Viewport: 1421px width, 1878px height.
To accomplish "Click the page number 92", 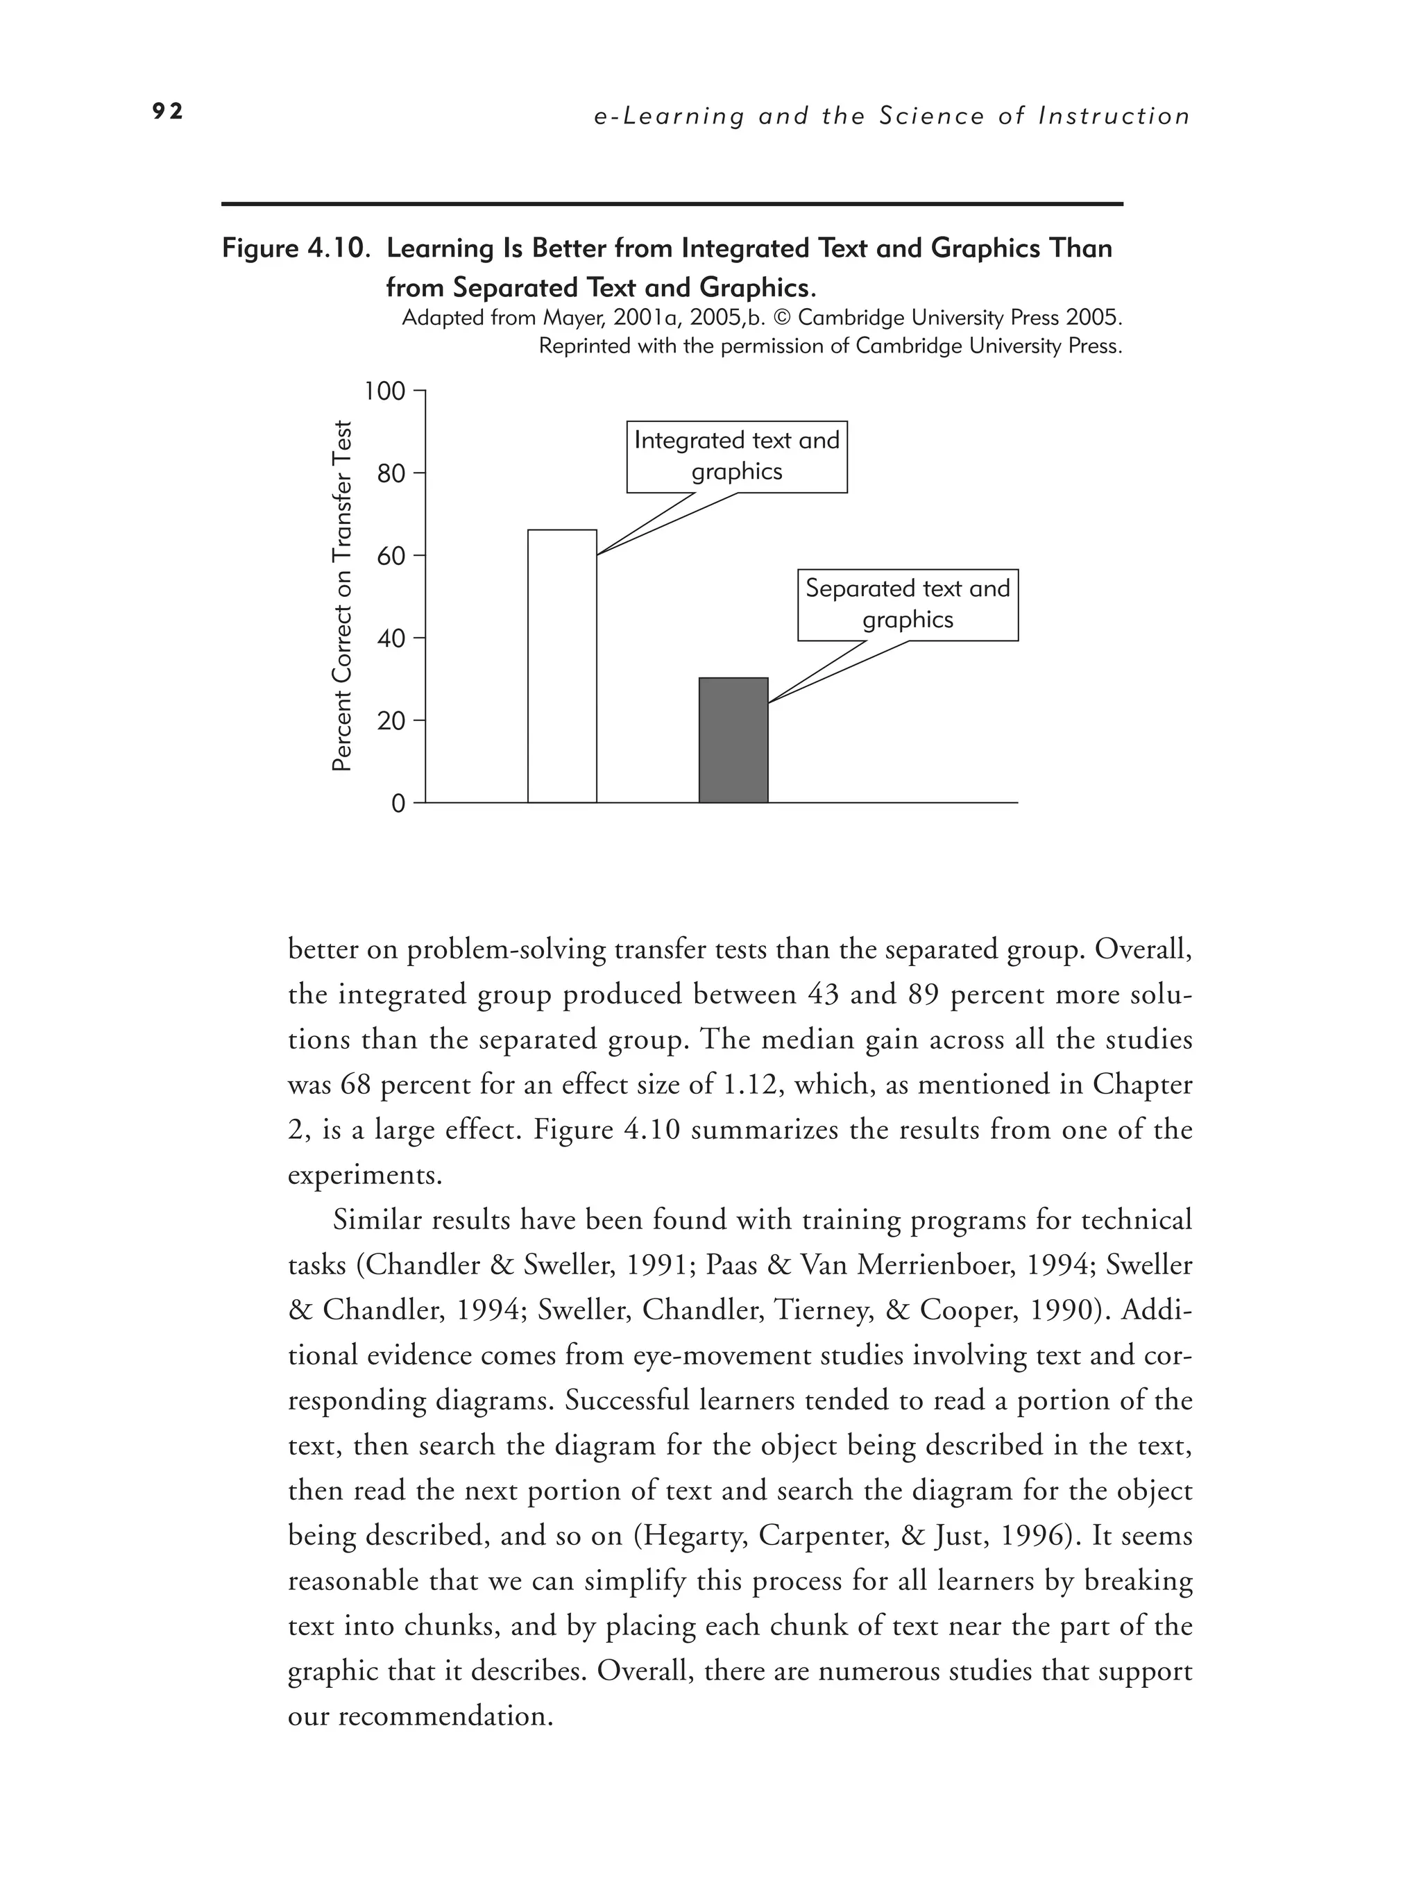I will pos(167,112).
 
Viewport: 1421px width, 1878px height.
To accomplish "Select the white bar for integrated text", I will pos(562,666).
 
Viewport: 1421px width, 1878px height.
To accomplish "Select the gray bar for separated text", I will pos(733,741).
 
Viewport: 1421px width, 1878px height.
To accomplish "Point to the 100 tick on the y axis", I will pos(384,391).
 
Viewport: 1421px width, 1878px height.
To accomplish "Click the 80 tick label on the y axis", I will pos(391,474).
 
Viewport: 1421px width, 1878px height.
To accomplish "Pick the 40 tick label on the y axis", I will pos(391,638).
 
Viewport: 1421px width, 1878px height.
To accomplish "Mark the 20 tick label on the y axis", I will pos(391,722).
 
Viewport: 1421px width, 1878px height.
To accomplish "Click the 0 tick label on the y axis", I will pos(398,803).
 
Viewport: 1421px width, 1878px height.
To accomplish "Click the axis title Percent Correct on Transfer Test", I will pos(341,596).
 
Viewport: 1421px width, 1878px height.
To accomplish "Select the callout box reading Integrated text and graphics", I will pos(737,456).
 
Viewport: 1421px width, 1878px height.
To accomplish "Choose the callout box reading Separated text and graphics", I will pos(908,604).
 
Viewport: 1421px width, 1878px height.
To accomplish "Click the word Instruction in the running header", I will pos(1114,117).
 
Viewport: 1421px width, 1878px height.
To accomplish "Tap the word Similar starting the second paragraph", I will pos(375,1220).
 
